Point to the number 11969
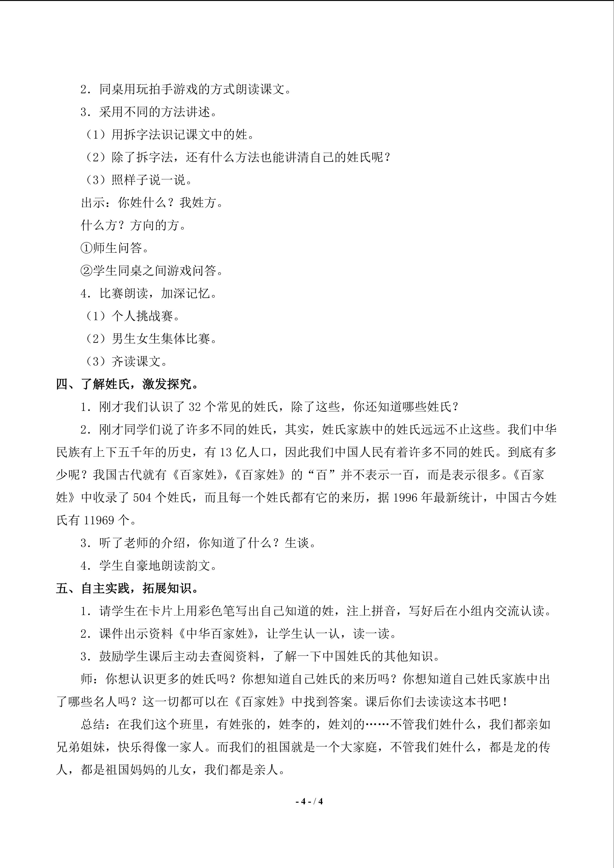[99, 520]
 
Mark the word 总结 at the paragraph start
[93, 724]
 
